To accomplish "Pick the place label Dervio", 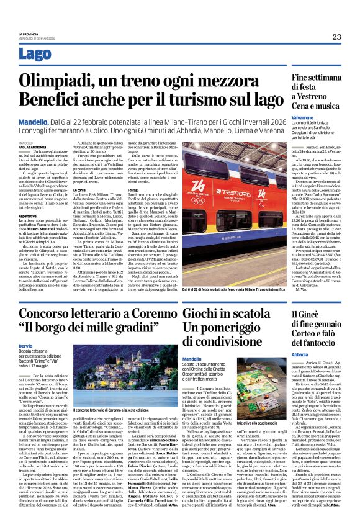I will click(28, 345).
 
